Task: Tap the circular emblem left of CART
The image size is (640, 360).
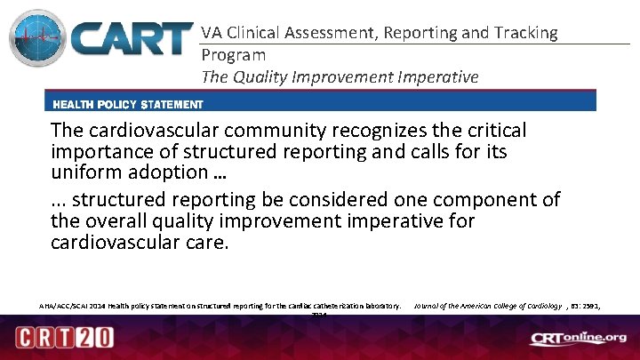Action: pyautogui.click(x=37, y=40)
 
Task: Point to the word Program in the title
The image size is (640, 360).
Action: pyautogui.click(x=234, y=55)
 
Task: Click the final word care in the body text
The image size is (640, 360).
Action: pyautogui.click(x=208, y=242)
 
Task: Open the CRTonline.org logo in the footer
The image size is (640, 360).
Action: pyautogui.click(x=577, y=339)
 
